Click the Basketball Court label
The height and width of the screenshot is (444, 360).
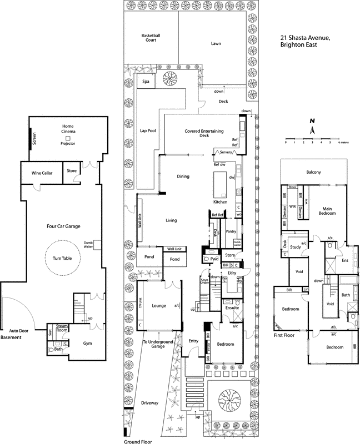point(151,38)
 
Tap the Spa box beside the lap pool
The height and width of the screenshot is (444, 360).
point(147,82)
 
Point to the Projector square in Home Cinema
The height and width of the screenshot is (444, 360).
point(67,138)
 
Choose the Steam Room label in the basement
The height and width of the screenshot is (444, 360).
point(61,330)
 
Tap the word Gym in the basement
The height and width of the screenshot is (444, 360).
point(88,344)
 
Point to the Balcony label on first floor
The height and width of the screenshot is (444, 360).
point(313,173)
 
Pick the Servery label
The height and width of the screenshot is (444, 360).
point(225,152)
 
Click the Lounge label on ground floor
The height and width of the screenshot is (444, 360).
point(159,305)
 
